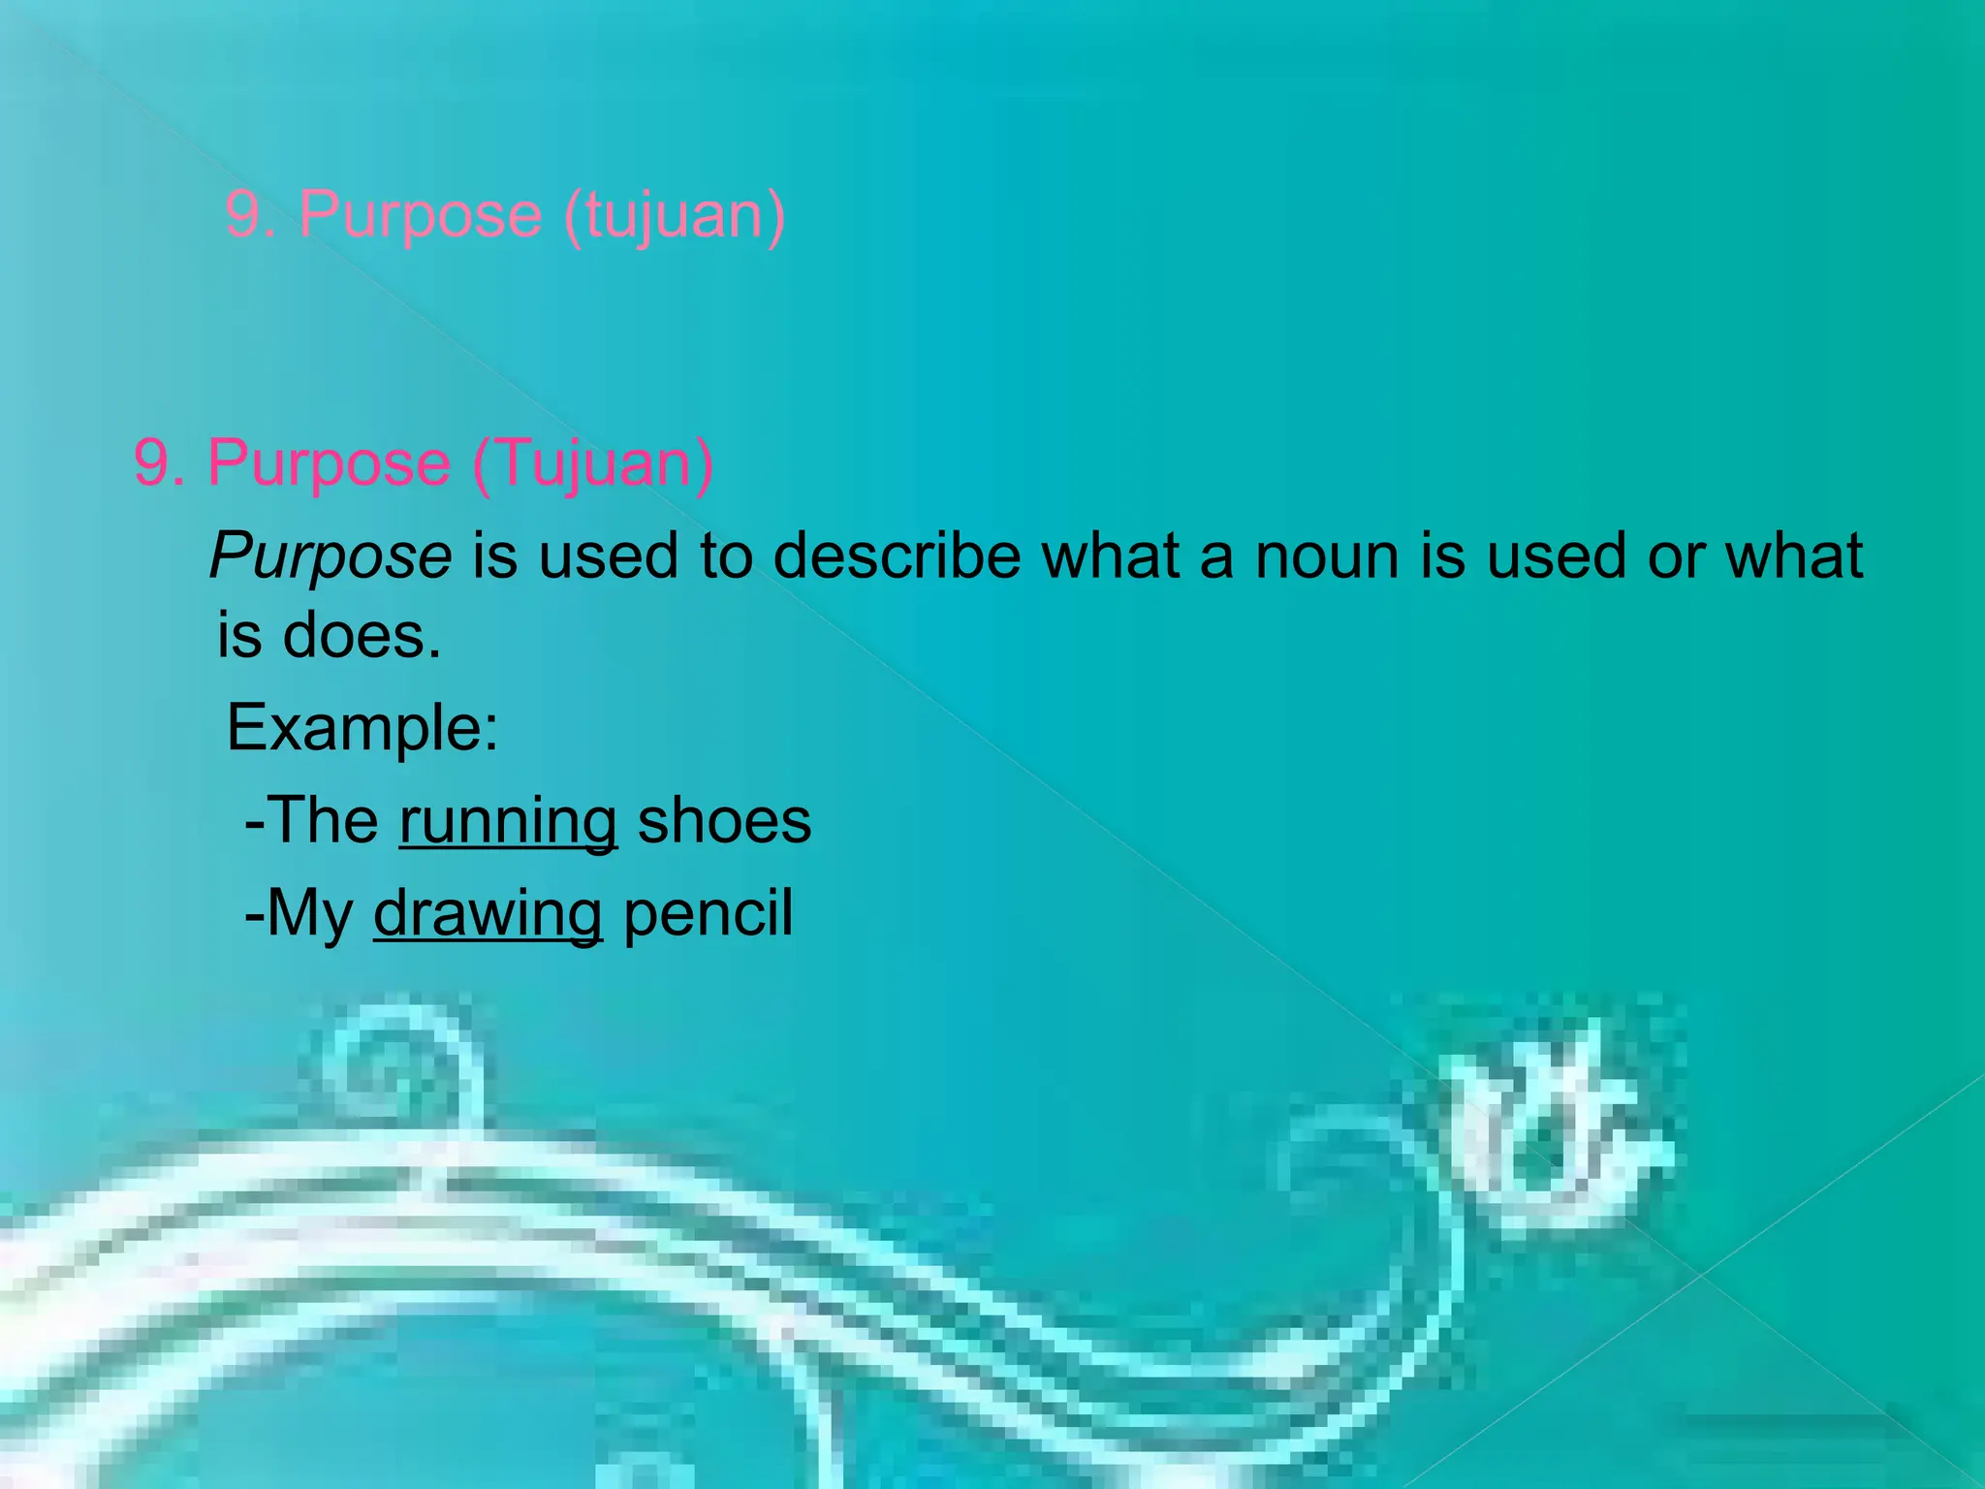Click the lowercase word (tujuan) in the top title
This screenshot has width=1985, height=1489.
coord(674,215)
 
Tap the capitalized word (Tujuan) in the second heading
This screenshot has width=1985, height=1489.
coord(593,463)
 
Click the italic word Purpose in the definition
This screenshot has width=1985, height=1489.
coord(331,556)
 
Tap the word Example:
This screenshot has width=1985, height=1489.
coord(362,727)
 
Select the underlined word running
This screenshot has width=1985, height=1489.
coord(508,821)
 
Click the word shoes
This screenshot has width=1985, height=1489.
coord(724,821)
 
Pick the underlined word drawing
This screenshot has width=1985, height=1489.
coord(488,913)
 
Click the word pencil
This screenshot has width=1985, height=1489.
coord(708,913)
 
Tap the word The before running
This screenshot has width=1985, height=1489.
coord(321,821)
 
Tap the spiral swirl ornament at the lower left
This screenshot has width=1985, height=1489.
coord(402,1066)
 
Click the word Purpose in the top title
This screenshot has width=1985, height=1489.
coord(420,215)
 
